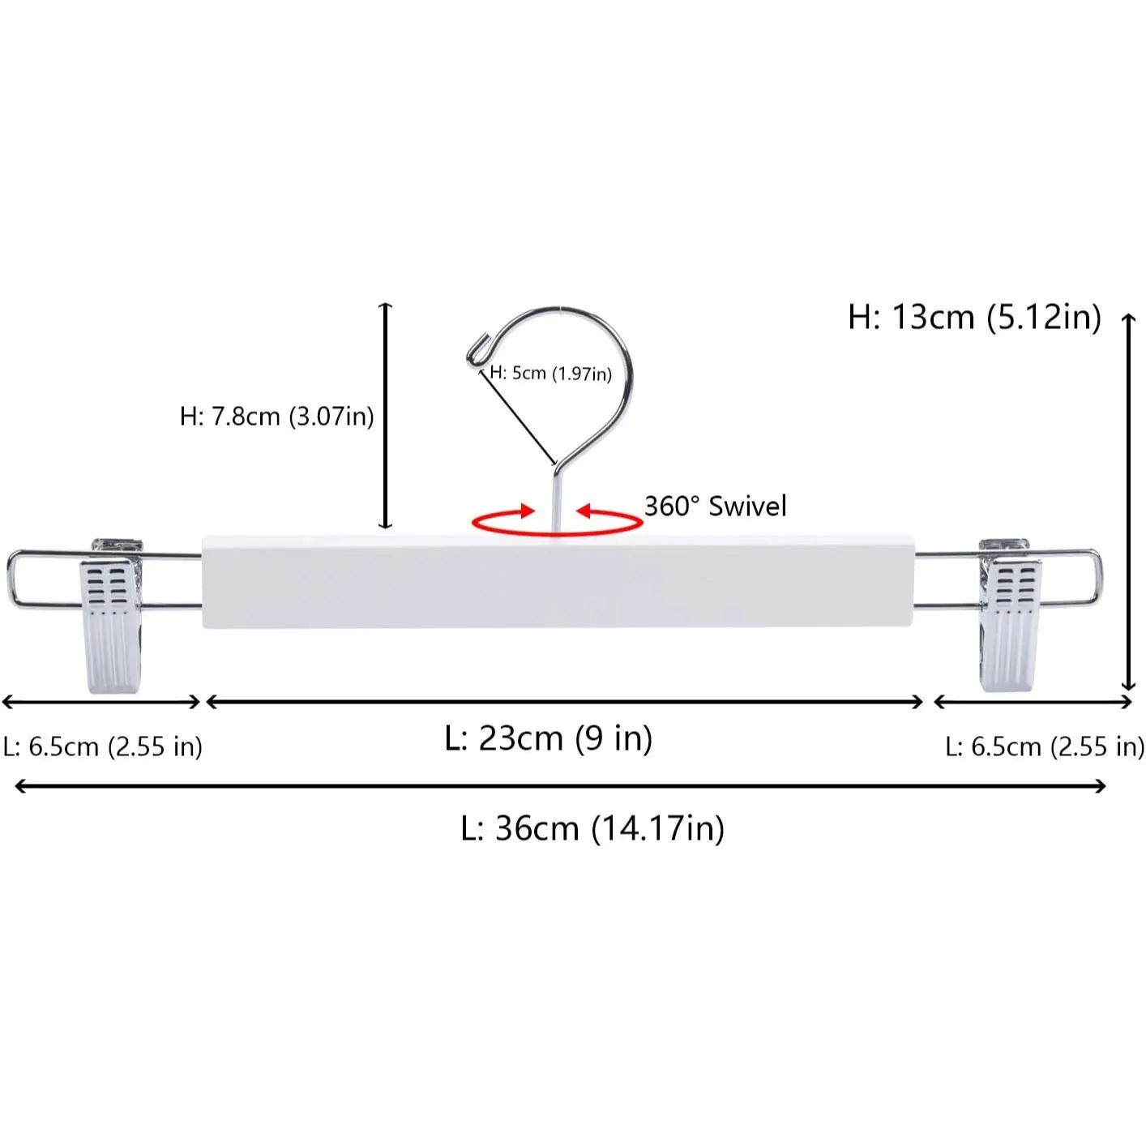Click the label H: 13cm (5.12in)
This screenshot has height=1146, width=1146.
pyautogui.click(x=974, y=317)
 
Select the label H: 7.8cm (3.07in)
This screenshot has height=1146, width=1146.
pyautogui.click(x=276, y=417)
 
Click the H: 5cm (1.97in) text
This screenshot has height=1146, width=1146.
pyautogui.click(x=551, y=374)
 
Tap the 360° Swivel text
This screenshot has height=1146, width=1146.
pyautogui.click(x=715, y=507)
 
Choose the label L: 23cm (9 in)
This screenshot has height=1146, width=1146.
pyautogui.click(x=549, y=738)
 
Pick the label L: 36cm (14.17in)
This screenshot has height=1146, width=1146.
pyautogui.click(x=592, y=828)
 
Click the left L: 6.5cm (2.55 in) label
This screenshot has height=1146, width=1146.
pyautogui.click(x=102, y=746)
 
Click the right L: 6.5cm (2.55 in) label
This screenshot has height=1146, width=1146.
pyautogui.click(x=1044, y=746)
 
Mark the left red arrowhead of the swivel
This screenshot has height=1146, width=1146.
pyautogui.click(x=526, y=511)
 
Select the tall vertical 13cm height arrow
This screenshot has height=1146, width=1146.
pyautogui.click(x=1127, y=502)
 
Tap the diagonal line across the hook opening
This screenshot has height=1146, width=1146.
pyautogui.click(x=519, y=417)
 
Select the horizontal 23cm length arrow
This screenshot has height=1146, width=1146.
pyautogui.click(x=565, y=702)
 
